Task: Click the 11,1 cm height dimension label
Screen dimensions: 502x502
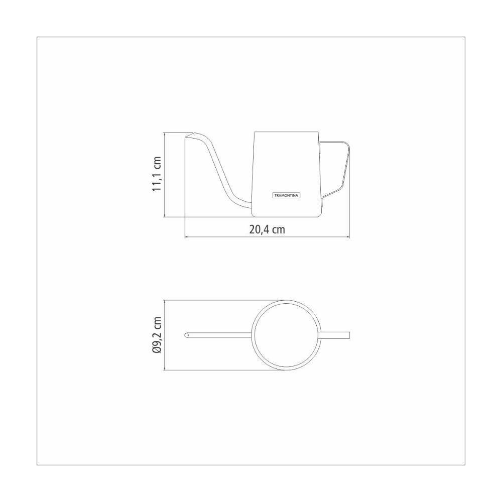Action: [156, 174]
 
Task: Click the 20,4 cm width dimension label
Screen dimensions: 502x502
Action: [267, 229]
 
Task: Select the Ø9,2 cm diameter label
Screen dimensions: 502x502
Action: [157, 335]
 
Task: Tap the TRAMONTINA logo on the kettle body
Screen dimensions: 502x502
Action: [286, 195]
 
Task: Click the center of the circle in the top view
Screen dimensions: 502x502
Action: [286, 335]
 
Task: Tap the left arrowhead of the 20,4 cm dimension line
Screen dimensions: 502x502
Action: [187, 237]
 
